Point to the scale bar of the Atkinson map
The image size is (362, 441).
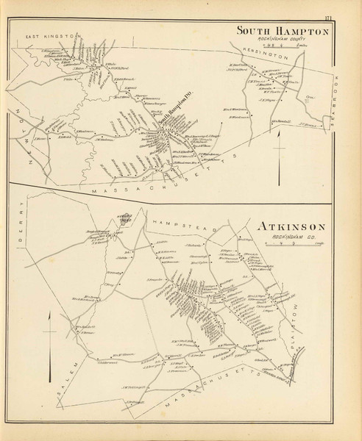[x=287, y=245]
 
